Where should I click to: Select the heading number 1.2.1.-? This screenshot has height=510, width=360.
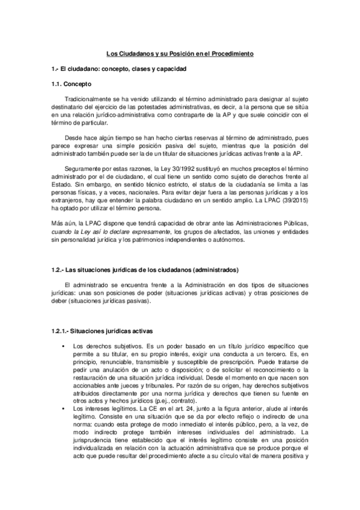[x=59, y=331]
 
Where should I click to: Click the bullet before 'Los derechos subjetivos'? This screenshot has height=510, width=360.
[x=63, y=346]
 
